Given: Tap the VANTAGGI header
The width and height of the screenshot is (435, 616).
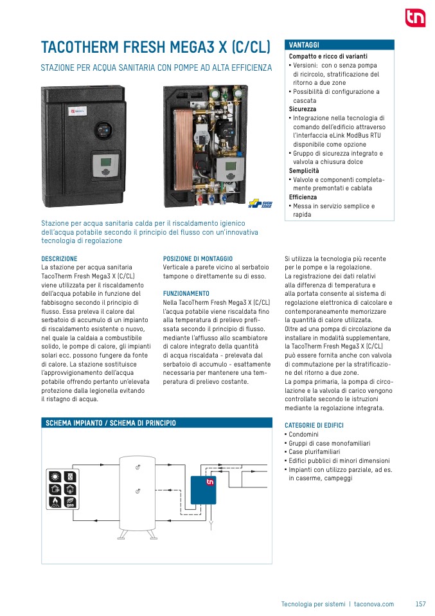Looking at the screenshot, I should tap(304, 44).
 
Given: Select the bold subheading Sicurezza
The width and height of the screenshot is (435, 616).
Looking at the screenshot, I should tap(302, 109).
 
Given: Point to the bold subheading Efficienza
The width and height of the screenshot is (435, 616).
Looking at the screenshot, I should tap(303, 197).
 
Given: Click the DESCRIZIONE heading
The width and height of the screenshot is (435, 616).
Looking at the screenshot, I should tap(59, 258).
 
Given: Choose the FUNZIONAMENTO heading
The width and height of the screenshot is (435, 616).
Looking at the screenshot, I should tap(186, 293).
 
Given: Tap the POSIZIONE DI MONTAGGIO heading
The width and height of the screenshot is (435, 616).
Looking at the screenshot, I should tap(198, 258).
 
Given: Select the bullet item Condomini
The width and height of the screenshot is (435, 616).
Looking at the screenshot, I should tap(303, 435).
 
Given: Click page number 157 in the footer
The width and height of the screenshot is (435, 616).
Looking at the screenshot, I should tap(421, 604).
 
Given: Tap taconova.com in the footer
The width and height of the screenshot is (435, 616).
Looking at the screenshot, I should tap(374, 604).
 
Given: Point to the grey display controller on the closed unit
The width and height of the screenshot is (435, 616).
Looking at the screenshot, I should tap(103, 165).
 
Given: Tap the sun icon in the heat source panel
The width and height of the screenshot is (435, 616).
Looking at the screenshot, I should tap(56, 477).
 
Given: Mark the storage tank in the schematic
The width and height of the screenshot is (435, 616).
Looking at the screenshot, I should tap(138, 492).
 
